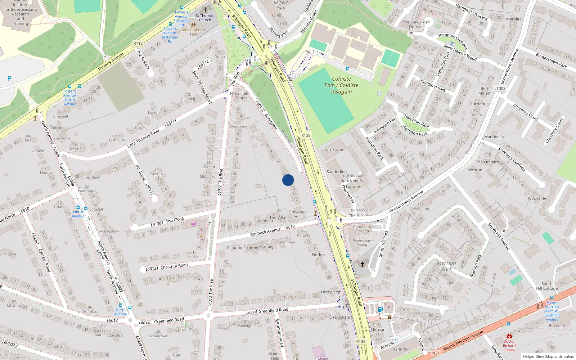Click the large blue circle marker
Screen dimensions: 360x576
[x=288, y=180]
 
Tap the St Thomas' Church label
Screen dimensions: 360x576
[x=205, y=18]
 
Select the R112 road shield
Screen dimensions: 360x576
[x=138, y=43]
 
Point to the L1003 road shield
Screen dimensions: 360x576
[x=500, y=88]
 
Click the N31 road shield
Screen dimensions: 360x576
[x=436, y=353]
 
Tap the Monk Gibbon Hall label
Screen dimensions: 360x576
[x=193, y=32]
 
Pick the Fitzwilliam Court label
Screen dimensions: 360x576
[x=239, y=95]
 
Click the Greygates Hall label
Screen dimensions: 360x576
[x=298, y=214]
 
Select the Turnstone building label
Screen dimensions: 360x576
[x=333, y=149]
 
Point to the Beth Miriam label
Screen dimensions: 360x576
[x=485, y=91]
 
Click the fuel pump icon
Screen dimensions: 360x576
[x=380, y=309]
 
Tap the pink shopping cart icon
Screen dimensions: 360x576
[x=194, y=224]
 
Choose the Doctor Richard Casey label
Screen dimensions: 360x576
[x=509, y=346]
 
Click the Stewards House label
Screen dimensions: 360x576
[x=415, y=24]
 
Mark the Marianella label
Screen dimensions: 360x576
[x=494, y=137]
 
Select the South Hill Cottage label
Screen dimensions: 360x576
[x=547, y=286]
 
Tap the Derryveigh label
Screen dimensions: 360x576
[x=331, y=292]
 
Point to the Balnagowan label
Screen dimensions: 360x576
[x=158, y=336]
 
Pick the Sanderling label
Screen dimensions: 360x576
[x=337, y=172]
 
